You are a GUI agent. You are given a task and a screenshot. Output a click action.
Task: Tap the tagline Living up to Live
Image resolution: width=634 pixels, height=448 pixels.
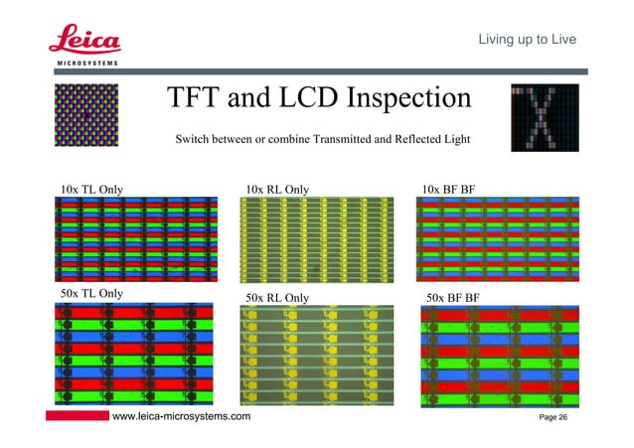coord(522,39)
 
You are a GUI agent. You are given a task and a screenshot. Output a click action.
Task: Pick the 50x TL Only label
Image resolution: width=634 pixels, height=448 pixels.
coord(91,293)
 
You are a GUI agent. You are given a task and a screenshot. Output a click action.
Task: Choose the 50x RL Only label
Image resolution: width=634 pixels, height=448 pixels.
coord(277,297)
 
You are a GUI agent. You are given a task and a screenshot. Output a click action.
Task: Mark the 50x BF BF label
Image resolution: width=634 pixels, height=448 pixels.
coord(454,297)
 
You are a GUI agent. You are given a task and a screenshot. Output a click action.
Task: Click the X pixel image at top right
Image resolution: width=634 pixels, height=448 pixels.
coord(543,117)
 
